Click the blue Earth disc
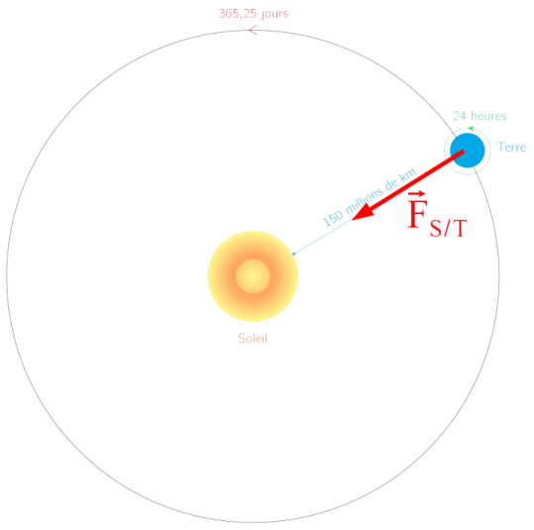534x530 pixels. point(468,151)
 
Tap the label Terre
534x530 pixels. point(512,148)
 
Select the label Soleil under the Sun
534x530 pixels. point(253,338)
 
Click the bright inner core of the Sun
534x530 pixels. point(253,276)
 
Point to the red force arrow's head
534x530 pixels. point(364,212)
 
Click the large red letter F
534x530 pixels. point(417,215)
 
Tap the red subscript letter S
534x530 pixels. point(437,228)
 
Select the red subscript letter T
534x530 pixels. point(460,228)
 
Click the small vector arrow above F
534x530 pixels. point(417,194)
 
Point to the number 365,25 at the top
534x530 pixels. point(238,14)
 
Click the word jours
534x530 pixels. point(275,14)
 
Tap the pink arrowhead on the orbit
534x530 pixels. point(253,30)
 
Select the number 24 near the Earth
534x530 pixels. point(459,116)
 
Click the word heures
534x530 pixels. point(488,116)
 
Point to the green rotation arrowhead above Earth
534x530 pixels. point(471,129)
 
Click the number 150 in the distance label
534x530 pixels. point(333,218)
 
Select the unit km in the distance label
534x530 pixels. point(408,174)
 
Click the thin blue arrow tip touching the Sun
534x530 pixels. point(292,254)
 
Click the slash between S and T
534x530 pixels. point(448,228)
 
